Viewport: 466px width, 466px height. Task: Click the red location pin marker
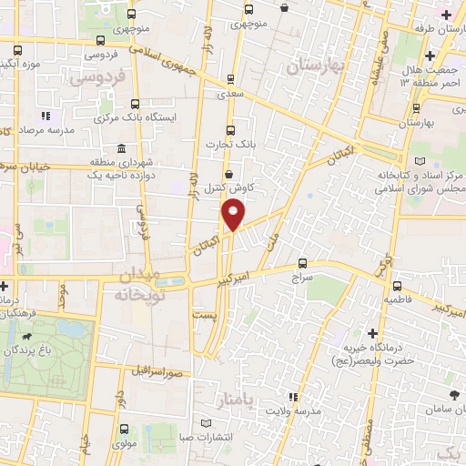pos(234,215)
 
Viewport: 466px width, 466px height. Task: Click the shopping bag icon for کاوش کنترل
pos(228,173)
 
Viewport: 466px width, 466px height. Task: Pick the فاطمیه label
pos(399,299)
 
